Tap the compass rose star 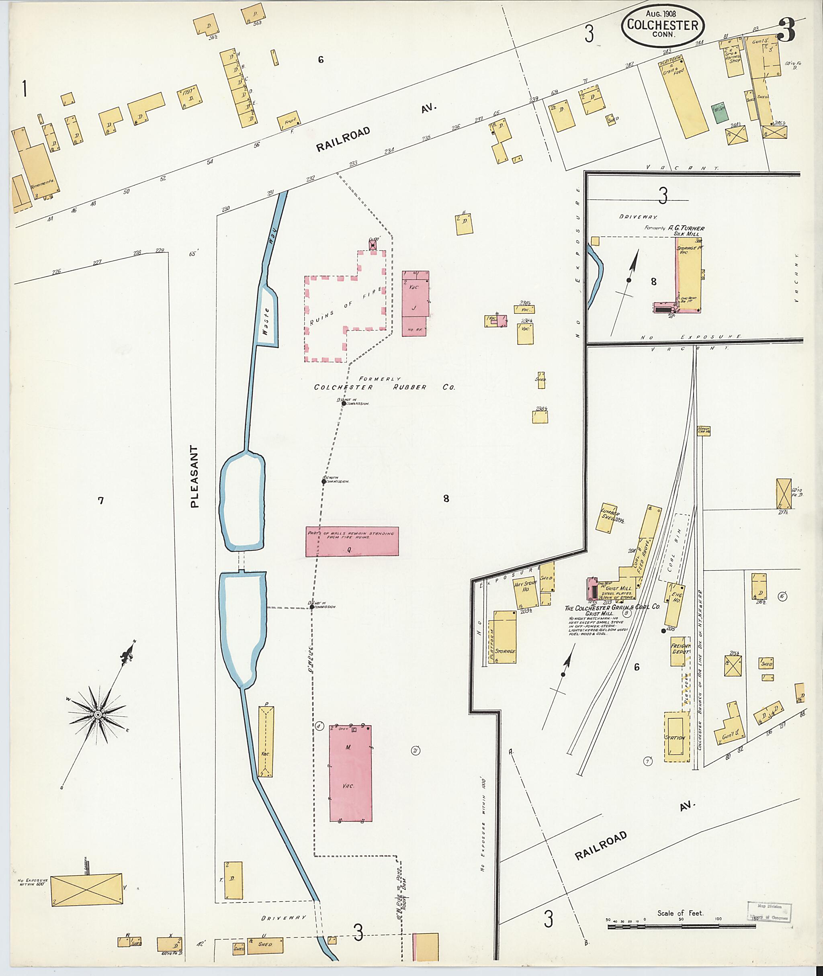coord(98,715)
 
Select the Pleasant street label coord(194,476)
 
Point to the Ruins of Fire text coord(346,307)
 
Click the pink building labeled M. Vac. coord(350,773)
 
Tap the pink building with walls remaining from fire coord(352,541)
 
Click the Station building coord(676,738)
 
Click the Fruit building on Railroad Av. coord(290,122)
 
